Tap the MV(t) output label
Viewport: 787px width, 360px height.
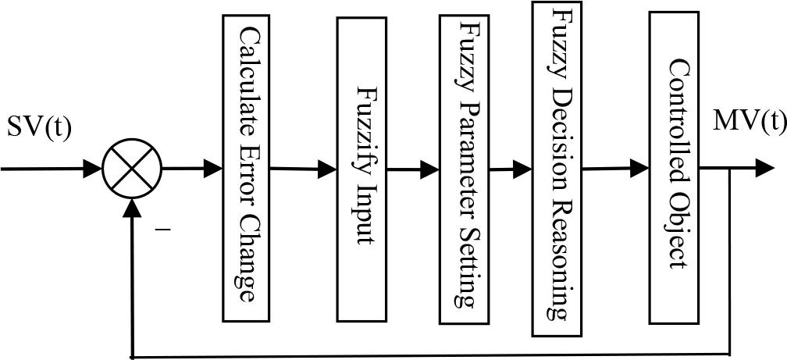[x=749, y=123]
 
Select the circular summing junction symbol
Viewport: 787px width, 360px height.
[x=132, y=168]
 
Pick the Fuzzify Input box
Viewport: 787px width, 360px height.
[x=362, y=169]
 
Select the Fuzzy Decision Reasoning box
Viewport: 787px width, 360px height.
[x=557, y=162]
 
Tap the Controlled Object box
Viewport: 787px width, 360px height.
[x=674, y=168]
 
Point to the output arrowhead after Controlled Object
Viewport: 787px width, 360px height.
[x=766, y=168]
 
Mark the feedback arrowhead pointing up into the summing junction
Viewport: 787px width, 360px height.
[x=134, y=207]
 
